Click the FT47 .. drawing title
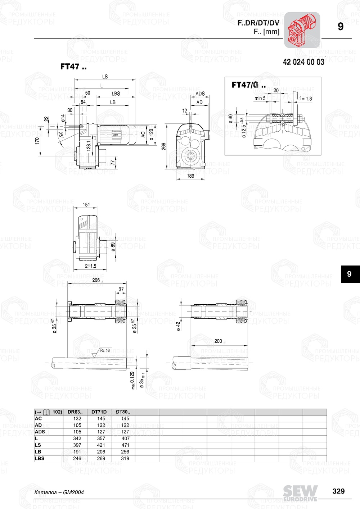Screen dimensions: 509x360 73,67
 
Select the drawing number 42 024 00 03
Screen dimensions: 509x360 303,62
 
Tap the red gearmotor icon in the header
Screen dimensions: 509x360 302,30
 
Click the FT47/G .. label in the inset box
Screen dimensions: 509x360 248,85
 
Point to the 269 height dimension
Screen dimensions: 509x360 164,146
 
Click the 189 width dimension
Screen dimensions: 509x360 190,176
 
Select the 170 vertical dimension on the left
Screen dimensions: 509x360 37,141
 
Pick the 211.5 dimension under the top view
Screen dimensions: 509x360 90,266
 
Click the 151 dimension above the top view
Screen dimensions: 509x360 86,205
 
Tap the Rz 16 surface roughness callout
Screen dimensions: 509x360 105,350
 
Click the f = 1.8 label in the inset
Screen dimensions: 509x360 305,99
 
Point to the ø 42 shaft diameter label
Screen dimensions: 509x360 178,326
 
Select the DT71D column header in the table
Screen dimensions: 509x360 99,412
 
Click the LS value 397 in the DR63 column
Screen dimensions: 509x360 77,445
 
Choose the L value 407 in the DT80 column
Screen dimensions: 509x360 125,438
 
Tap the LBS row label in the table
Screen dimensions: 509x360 40,458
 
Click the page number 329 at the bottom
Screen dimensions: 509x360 338,491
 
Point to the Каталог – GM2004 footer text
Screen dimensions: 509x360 59,492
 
